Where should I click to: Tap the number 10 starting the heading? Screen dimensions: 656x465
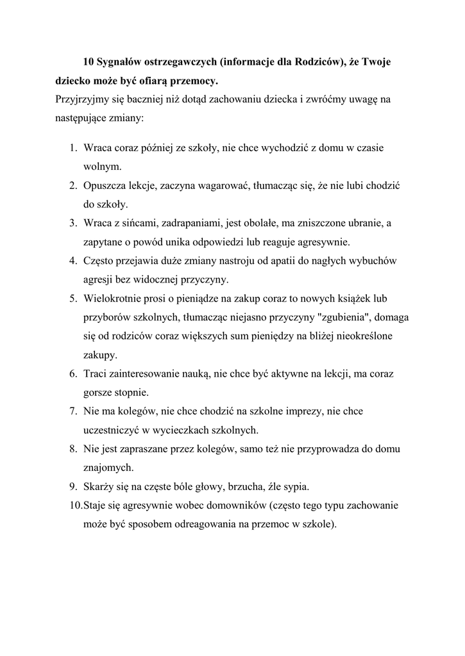[x=89, y=62]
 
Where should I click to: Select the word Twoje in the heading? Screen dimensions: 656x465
[x=377, y=62]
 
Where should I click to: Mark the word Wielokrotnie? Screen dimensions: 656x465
[x=115, y=299]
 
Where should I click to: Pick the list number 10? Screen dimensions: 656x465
[x=75, y=505]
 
